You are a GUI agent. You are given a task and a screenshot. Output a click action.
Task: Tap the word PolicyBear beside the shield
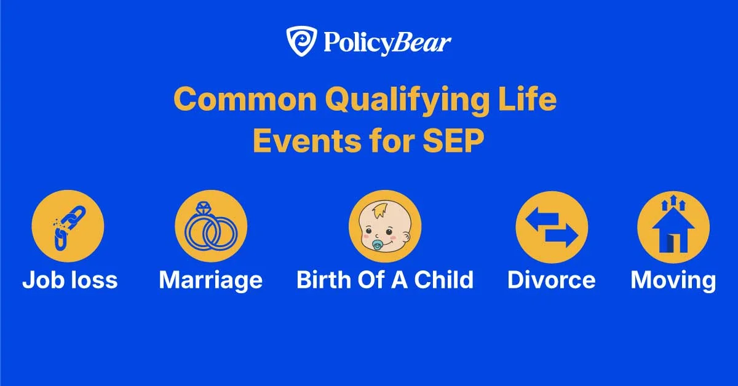385,44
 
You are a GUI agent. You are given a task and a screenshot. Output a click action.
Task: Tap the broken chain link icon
68,226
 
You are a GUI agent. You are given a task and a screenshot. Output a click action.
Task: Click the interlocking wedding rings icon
211,226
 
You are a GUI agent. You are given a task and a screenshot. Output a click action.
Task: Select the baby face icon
384,226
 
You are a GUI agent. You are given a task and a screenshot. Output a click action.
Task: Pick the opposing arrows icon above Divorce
552,226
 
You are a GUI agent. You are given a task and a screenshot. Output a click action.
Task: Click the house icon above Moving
673,226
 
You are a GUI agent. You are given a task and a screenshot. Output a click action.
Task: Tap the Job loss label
69,280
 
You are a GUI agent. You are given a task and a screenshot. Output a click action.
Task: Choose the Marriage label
211,280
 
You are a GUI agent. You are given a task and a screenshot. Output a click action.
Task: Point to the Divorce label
552,280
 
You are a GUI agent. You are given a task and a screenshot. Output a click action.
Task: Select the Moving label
673,280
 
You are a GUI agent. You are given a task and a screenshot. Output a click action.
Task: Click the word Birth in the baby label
323,280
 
